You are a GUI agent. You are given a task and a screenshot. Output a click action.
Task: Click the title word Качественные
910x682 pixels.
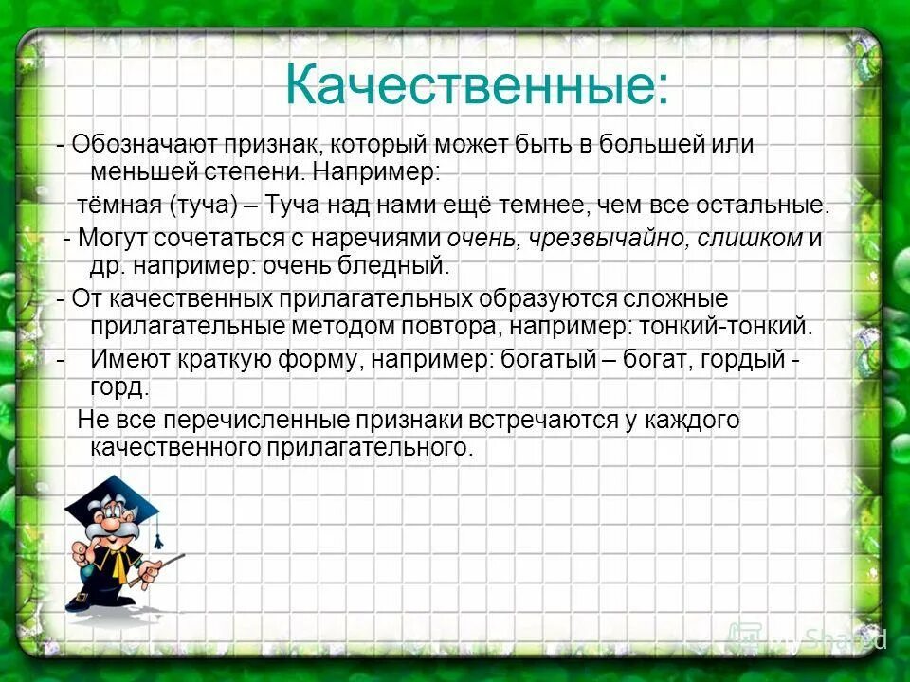477,86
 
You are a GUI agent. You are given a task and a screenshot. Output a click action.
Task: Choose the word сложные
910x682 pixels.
675,299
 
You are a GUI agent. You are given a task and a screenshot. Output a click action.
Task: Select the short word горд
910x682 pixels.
119,387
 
